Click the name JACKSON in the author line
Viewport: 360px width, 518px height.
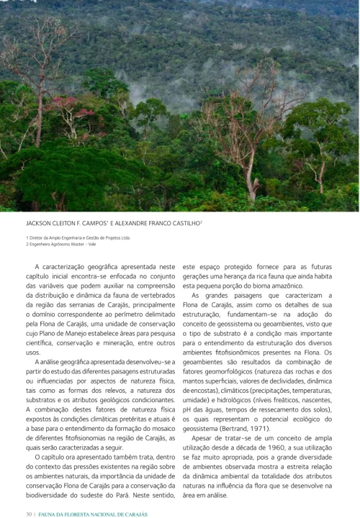coord(40,224)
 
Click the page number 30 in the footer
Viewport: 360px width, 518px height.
coord(28,514)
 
